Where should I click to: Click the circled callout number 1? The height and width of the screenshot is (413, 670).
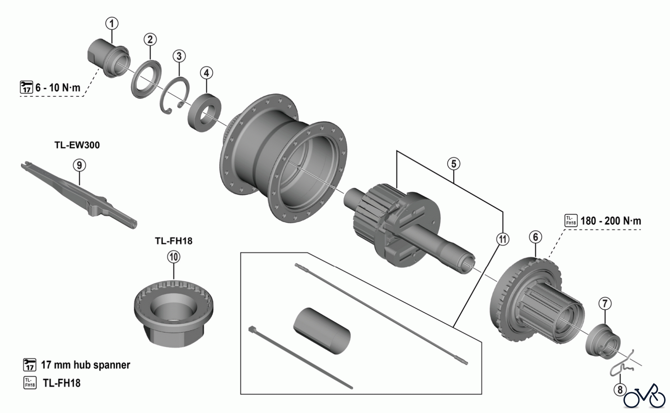(x=112, y=23)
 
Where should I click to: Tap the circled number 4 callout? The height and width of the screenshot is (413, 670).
(x=207, y=73)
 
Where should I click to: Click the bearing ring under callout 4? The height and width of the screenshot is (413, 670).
(x=205, y=112)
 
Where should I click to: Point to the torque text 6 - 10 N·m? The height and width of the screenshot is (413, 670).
(x=58, y=88)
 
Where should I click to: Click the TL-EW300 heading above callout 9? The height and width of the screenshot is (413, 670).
(x=77, y=145)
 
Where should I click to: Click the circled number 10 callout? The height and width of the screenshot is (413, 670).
(x=174, y=257)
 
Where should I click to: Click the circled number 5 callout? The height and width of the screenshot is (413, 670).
(x=454, y=164)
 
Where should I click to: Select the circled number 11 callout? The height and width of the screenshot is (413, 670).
(x=502, y=239)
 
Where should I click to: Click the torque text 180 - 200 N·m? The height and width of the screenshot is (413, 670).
(x=610, y=221)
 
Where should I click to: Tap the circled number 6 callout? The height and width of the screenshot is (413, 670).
(x=535, y=237)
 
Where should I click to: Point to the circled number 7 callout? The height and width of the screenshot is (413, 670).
(x=605, y=304)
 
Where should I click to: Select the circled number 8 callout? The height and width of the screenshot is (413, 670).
(x=620, y=390)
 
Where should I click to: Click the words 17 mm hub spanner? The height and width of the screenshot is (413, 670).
(x=85, y=365)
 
